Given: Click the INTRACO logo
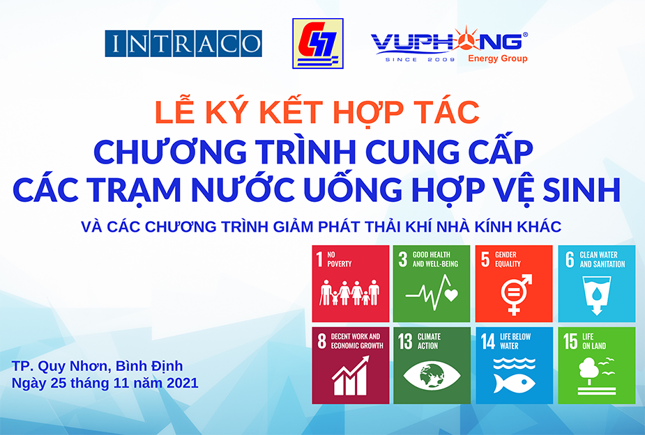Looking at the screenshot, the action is pos(183,43).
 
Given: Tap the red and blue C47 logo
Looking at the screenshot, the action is pos(317,43).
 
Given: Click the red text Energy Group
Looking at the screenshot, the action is pos(498,58).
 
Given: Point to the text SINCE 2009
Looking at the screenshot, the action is pos(420,60).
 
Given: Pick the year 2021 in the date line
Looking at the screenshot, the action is pos(182,383).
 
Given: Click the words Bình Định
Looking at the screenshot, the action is pos(149,365).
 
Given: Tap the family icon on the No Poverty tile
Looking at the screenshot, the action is pos(350,292).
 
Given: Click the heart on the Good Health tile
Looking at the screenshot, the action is pos(451,295).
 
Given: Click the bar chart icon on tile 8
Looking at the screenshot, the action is pos(351,376).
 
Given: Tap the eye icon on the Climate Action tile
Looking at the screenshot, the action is pos(432,375).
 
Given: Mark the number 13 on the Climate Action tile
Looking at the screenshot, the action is pos(405,341).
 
